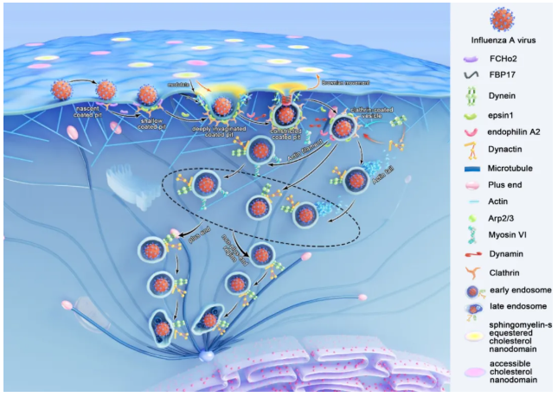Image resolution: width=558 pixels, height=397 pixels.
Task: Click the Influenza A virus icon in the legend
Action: click(503, 21)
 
